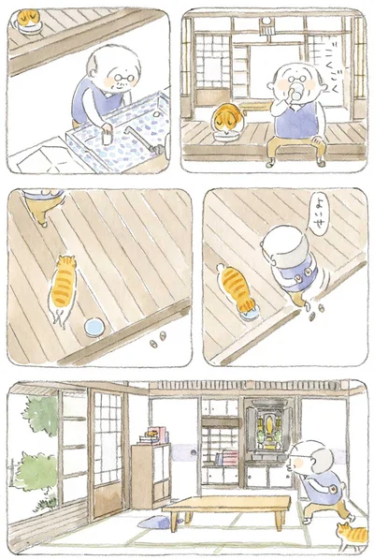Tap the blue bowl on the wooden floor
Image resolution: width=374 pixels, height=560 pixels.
[x=94, y=326]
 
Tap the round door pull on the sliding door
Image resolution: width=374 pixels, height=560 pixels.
[x=193, y=458]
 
